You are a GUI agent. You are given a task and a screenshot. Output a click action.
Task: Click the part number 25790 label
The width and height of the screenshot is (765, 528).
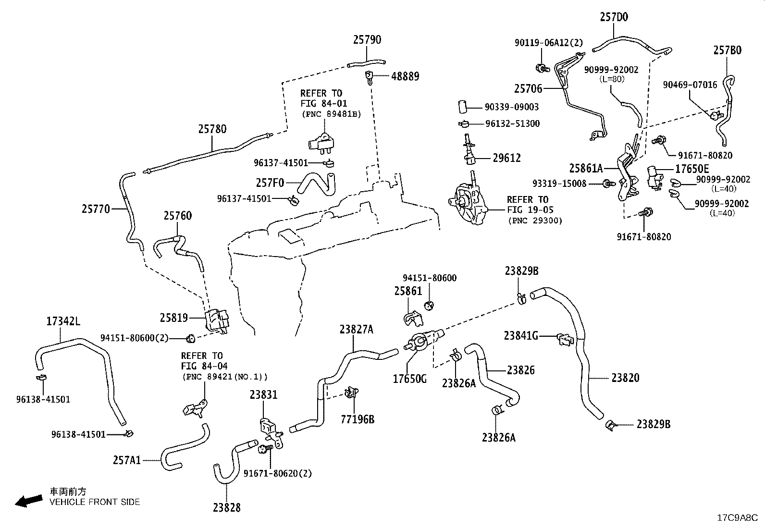367,39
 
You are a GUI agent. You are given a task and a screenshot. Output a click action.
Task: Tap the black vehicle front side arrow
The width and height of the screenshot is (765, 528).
29,501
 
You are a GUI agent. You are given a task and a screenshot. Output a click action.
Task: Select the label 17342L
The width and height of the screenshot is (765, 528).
63,321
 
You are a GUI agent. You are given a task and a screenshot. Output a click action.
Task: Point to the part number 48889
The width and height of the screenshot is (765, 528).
405,76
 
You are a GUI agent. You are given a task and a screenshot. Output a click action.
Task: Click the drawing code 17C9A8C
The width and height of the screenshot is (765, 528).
737,518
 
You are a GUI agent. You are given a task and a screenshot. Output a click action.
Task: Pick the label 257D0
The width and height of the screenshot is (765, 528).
614,17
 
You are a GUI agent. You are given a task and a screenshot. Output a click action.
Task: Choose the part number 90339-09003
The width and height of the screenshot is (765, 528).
512,107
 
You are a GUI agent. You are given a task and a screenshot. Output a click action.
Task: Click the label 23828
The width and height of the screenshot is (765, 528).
227,507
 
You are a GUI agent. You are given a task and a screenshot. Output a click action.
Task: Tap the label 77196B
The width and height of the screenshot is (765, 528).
358,419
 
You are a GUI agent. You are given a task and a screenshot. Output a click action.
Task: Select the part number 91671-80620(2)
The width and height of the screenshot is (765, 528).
278,473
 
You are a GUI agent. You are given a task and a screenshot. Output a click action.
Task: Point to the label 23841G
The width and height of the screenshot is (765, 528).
521,336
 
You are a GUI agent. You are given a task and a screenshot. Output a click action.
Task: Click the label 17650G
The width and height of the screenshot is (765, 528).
410,379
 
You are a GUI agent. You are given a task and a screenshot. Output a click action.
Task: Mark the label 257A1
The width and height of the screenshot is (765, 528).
127,460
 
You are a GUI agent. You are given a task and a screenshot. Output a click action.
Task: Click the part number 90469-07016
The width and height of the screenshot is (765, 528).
690,85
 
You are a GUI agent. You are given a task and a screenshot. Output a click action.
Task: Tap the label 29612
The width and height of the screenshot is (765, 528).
507,158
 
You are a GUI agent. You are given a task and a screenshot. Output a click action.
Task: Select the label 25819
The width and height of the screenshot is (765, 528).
174,318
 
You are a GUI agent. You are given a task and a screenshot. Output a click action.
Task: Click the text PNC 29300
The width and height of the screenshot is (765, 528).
535,221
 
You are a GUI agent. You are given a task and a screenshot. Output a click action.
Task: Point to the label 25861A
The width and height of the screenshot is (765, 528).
586,168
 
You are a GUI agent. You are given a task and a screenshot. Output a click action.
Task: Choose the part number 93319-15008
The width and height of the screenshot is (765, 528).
559,184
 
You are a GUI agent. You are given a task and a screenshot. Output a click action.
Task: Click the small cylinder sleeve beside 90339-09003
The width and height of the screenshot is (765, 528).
462,106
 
